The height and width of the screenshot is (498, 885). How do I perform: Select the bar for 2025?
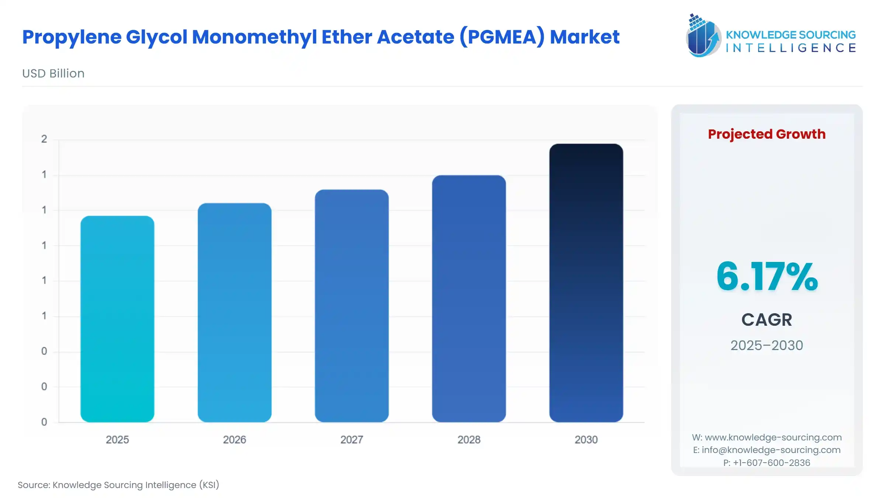click(117, 319)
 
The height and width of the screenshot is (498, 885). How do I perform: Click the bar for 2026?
click(235, 312)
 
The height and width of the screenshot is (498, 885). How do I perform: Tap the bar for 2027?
click(352, 306)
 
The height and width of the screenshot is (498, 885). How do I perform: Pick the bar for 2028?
click(469, 299)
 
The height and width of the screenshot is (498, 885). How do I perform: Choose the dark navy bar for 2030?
click(586, 283)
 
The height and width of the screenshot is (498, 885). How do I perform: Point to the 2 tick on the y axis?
click(44, 139)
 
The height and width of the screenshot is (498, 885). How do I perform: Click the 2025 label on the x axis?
click(117, 440)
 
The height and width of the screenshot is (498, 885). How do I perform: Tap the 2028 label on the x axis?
click(469, 440)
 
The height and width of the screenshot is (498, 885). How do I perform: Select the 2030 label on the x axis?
click(586, 440)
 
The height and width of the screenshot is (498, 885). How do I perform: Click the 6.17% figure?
click(767, 277)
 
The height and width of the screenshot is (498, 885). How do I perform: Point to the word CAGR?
click(767, 320)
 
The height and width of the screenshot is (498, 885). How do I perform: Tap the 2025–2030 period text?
click(767, 346)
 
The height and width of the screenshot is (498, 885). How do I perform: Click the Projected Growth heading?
click(767, 134)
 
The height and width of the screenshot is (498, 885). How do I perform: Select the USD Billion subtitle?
click(53, 73)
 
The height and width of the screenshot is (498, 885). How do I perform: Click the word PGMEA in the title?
click(502, 37)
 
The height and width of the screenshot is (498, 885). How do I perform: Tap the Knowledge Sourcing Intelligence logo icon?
click(702, 36)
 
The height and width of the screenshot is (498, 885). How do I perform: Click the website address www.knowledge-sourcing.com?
click(773, 438)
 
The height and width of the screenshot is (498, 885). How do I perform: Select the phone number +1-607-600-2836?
click(771, 463)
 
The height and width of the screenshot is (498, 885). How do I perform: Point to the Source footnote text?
click(118, 485)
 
